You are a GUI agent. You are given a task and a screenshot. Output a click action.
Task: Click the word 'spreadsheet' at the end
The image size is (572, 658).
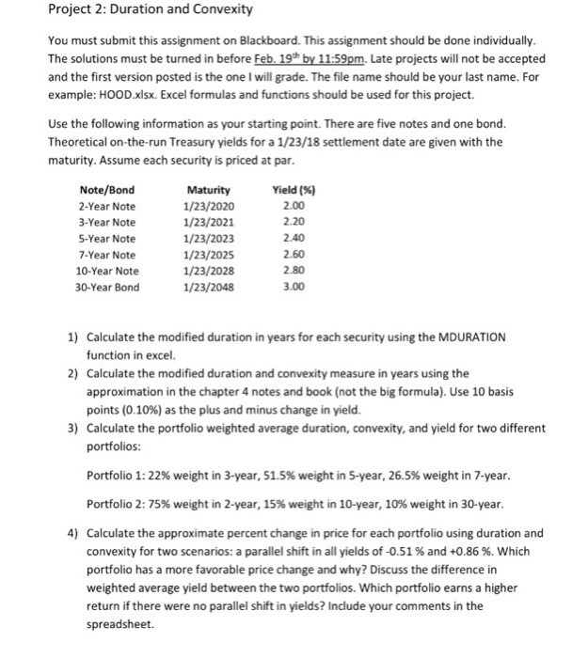[118, 624]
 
